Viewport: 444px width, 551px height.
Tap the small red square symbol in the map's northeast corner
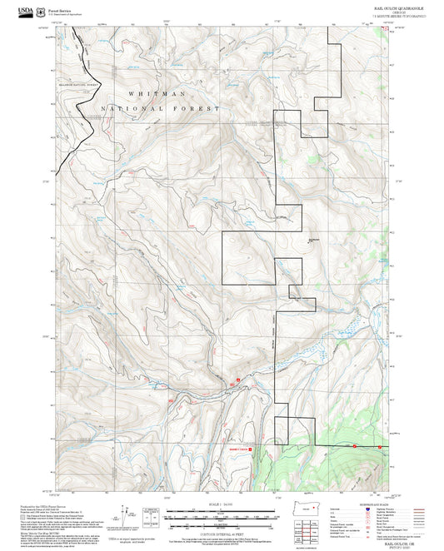coord(385,30)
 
